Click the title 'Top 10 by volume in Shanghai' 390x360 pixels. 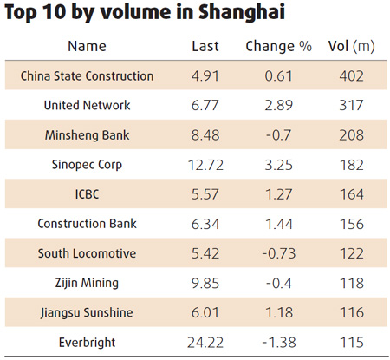pos(144,15)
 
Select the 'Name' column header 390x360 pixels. pos(87,46)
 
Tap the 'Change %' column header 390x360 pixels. pos(278,46)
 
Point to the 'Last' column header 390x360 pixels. pos(205,46)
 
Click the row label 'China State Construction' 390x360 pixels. pos(87,75)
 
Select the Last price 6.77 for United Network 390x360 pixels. pos(205,105)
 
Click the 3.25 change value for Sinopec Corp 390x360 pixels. pos(278,164)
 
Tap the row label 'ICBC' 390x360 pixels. pos(87,193)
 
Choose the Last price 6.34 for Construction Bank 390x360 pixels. pos(205,223)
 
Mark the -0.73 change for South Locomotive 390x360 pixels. pos(278,252)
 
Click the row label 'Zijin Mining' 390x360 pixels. pos(87,282)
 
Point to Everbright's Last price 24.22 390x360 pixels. pos(205,341)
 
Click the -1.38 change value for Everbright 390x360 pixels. pos(278,341)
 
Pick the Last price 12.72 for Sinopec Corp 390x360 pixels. pos(205,164)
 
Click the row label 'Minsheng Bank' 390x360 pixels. pos(87,134)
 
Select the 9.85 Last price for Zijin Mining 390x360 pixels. pos(205,282)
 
